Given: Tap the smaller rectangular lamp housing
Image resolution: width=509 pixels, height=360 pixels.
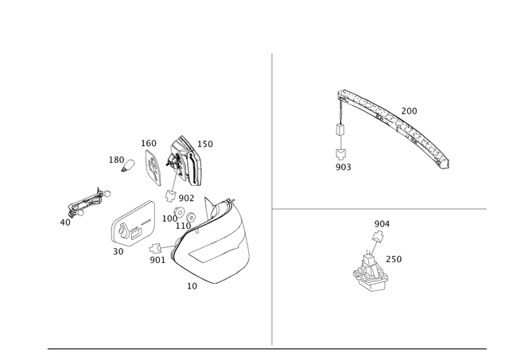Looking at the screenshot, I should point(131,225).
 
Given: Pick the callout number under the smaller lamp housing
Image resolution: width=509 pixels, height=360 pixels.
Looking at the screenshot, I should point(119,252).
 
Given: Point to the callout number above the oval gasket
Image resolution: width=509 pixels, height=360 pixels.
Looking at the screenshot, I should point(149,143).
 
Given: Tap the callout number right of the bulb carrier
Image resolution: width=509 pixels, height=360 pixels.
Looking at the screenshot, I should point(206,144).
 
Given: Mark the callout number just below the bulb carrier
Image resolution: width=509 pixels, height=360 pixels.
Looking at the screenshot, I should point(185,196).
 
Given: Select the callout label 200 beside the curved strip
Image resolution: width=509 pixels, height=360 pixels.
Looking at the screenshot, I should point(410,109).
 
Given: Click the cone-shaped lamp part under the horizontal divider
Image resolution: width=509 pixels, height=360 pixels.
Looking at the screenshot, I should point(367,269).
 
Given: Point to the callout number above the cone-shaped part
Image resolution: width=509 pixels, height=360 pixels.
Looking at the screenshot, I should point(382,222).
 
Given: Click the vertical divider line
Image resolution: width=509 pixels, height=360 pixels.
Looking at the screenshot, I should point(272,199).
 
